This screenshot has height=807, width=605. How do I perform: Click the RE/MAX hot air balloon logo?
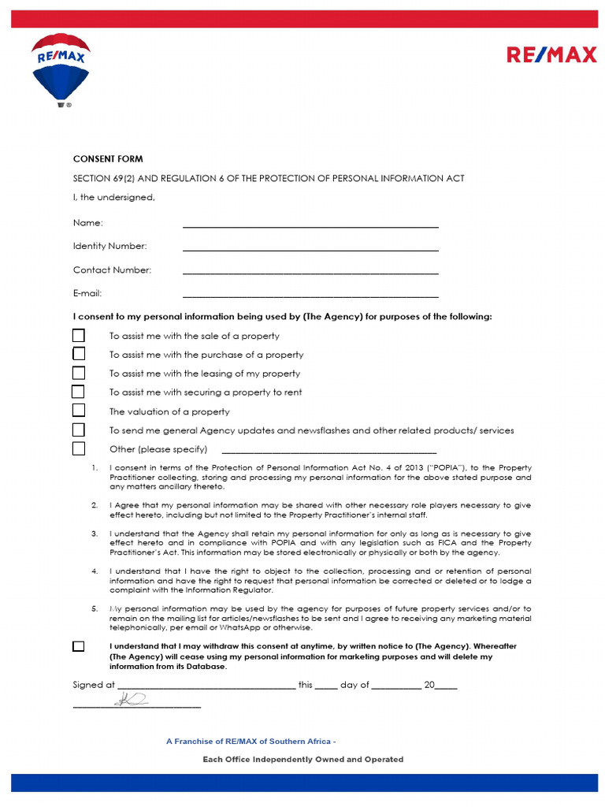61,69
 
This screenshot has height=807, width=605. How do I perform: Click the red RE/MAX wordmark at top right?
551,55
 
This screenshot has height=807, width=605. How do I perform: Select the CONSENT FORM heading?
108,159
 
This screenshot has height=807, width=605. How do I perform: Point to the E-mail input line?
310,296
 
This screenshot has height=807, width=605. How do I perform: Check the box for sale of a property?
79,335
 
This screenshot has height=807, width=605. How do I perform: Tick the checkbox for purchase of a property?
79,354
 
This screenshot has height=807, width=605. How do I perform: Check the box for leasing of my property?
79,373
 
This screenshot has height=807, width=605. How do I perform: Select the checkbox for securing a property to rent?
79,392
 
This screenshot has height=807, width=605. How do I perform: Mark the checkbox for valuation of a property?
79,411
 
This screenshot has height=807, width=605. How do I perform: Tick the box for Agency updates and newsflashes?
79,430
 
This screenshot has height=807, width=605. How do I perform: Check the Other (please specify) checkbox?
79,448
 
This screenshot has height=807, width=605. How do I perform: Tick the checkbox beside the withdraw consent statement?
78,646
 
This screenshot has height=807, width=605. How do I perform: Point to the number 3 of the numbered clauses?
95,534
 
